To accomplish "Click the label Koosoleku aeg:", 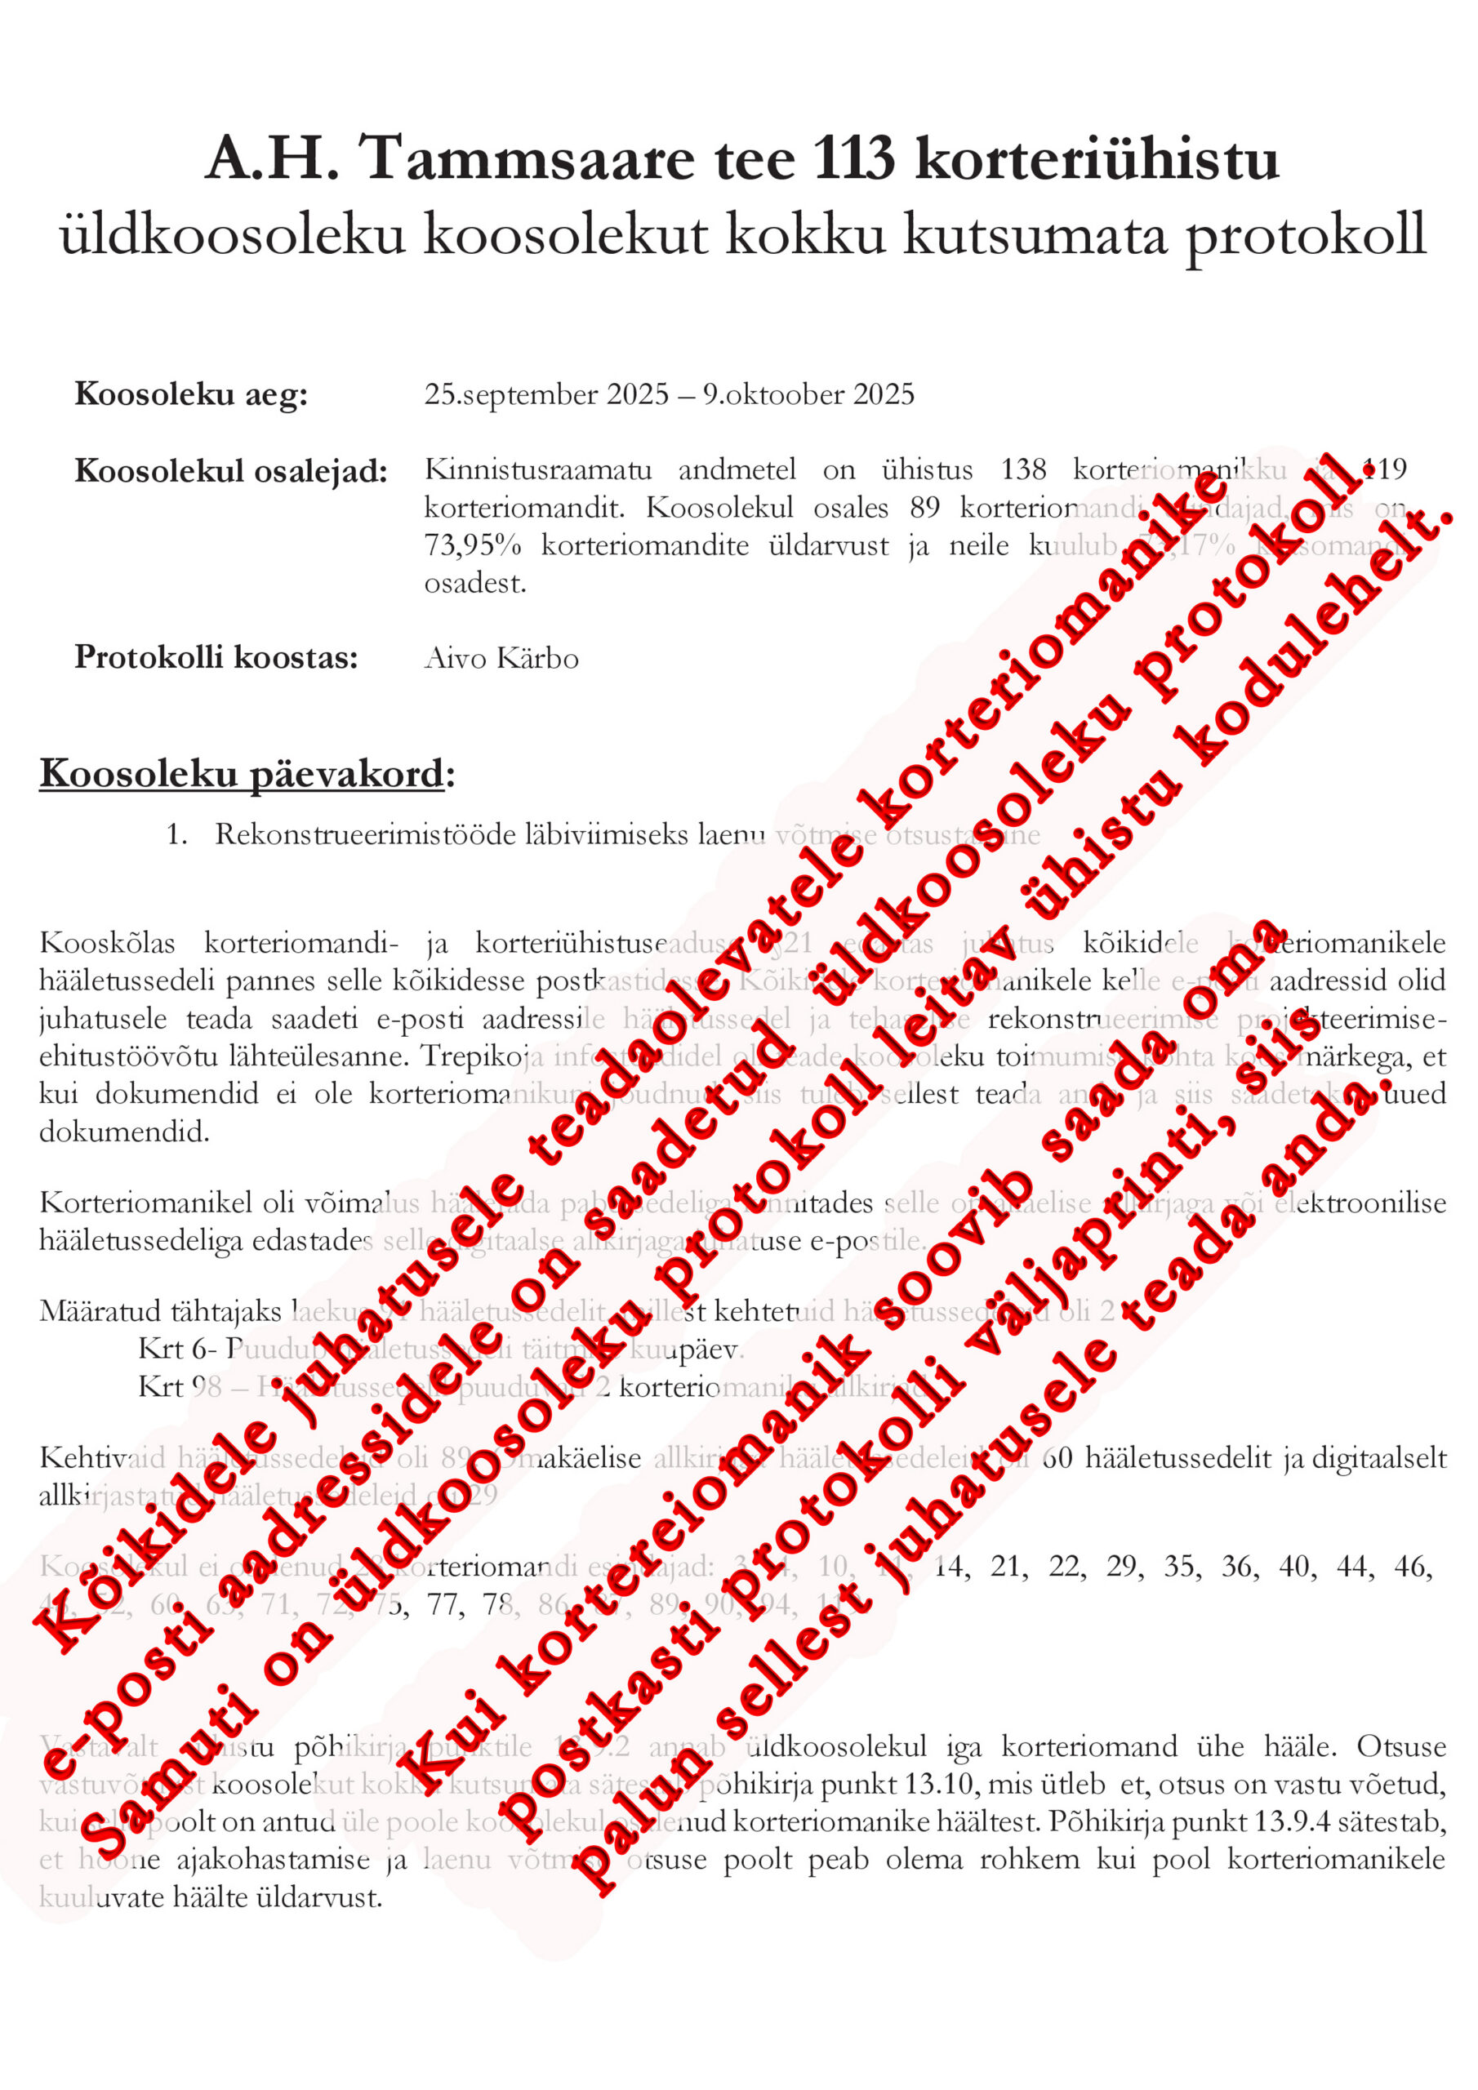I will click(x=191, y=394).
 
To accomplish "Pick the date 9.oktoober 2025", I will click(x=808, y=394).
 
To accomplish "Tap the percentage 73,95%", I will click(x=473, y=545).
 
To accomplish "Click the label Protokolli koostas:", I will click(x=216, y=656).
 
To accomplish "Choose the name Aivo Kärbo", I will click(x=501, y=657).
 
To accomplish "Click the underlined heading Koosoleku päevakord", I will click(x=242, y=774).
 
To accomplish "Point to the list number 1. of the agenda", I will click(x=176, y=834).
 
